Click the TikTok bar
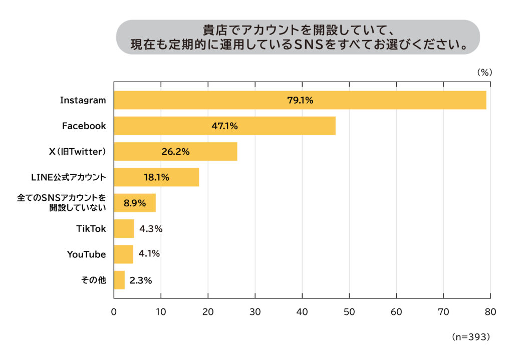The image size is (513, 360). [124, 229]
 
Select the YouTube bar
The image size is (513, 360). [123, 254]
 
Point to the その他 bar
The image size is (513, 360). [119, 280]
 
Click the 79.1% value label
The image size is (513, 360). [300, 100]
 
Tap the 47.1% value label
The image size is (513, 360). [224, 126]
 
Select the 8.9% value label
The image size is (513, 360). [134, 203]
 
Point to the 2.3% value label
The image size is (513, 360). [140, 280]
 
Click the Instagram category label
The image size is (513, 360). [83, 100]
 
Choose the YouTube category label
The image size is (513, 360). [87, 254]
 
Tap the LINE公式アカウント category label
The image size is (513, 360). [69, 177]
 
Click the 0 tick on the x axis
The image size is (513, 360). [114, 311]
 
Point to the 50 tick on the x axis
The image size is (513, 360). [349, 311]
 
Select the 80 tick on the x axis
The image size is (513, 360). [490, 311]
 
